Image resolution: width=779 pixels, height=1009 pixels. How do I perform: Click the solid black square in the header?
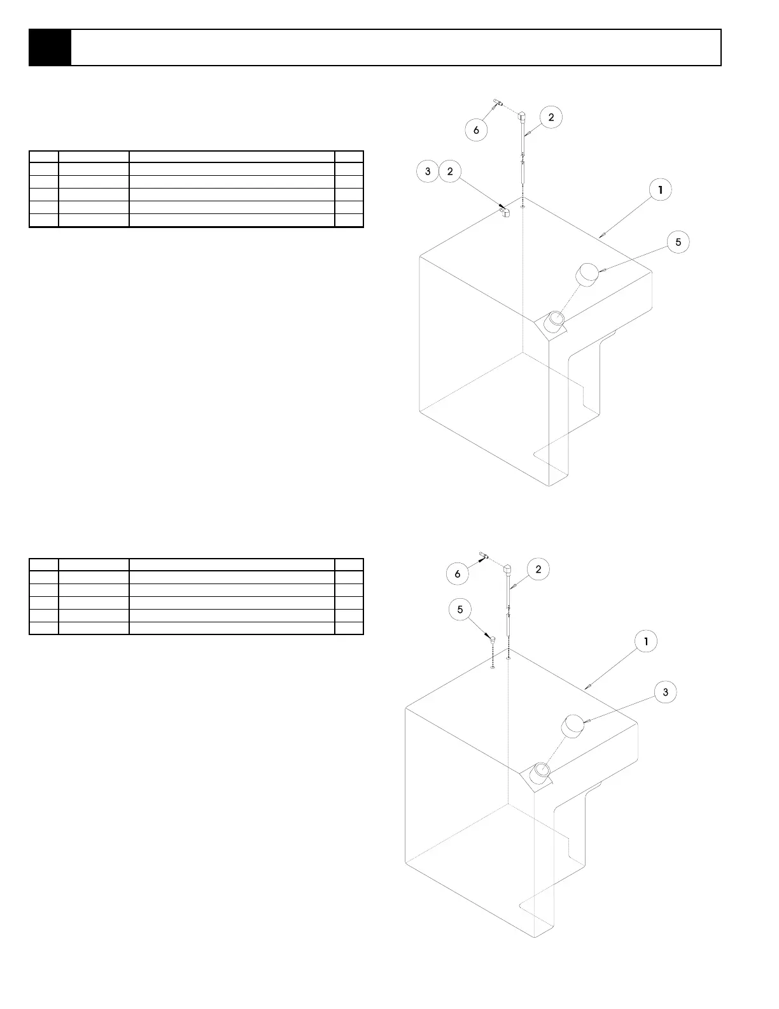[50, 48]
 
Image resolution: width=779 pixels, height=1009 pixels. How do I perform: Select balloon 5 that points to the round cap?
[678, 242]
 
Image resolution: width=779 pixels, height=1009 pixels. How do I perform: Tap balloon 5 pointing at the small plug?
[460, 610]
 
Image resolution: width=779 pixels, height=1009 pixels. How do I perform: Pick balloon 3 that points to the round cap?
[665, 692]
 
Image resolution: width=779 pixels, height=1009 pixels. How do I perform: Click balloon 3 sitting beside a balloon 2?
[428, 171]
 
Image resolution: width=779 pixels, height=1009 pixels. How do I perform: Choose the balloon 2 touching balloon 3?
[450, 171]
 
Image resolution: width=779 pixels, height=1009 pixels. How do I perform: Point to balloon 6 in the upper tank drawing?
[476, 131]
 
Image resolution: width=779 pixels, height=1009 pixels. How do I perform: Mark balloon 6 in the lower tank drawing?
[457, 574]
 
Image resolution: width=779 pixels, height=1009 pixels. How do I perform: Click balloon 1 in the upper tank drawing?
[661, 190]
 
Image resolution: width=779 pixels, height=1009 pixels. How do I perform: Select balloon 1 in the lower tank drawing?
[646, 641]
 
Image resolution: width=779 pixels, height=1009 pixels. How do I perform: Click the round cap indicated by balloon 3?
[573, 726]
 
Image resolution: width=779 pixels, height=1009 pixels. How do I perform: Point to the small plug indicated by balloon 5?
[491, 638]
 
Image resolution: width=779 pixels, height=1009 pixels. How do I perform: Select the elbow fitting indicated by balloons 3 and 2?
[505, 211]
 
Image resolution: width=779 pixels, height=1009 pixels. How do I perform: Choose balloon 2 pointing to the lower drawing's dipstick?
[538, 569]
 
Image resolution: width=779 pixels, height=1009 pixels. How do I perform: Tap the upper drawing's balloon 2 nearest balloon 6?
[551, 117]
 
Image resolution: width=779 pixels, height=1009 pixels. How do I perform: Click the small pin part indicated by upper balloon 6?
[498, 103]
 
